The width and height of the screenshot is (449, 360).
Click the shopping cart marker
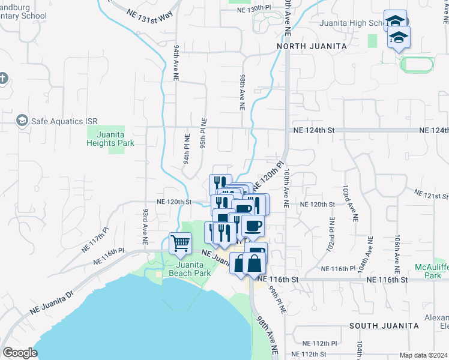[x=180, y=244]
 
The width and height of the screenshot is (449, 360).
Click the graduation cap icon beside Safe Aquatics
[x=22, y=121]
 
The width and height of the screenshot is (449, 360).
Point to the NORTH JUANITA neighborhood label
[x=312, y=46]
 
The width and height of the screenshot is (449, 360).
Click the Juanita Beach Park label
[x=185, y=269]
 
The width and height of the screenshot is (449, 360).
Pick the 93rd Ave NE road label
[x=145, y=226]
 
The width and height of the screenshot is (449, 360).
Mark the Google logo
[x=20, y=353]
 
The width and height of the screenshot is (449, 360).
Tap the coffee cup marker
[x=252, y=226]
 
